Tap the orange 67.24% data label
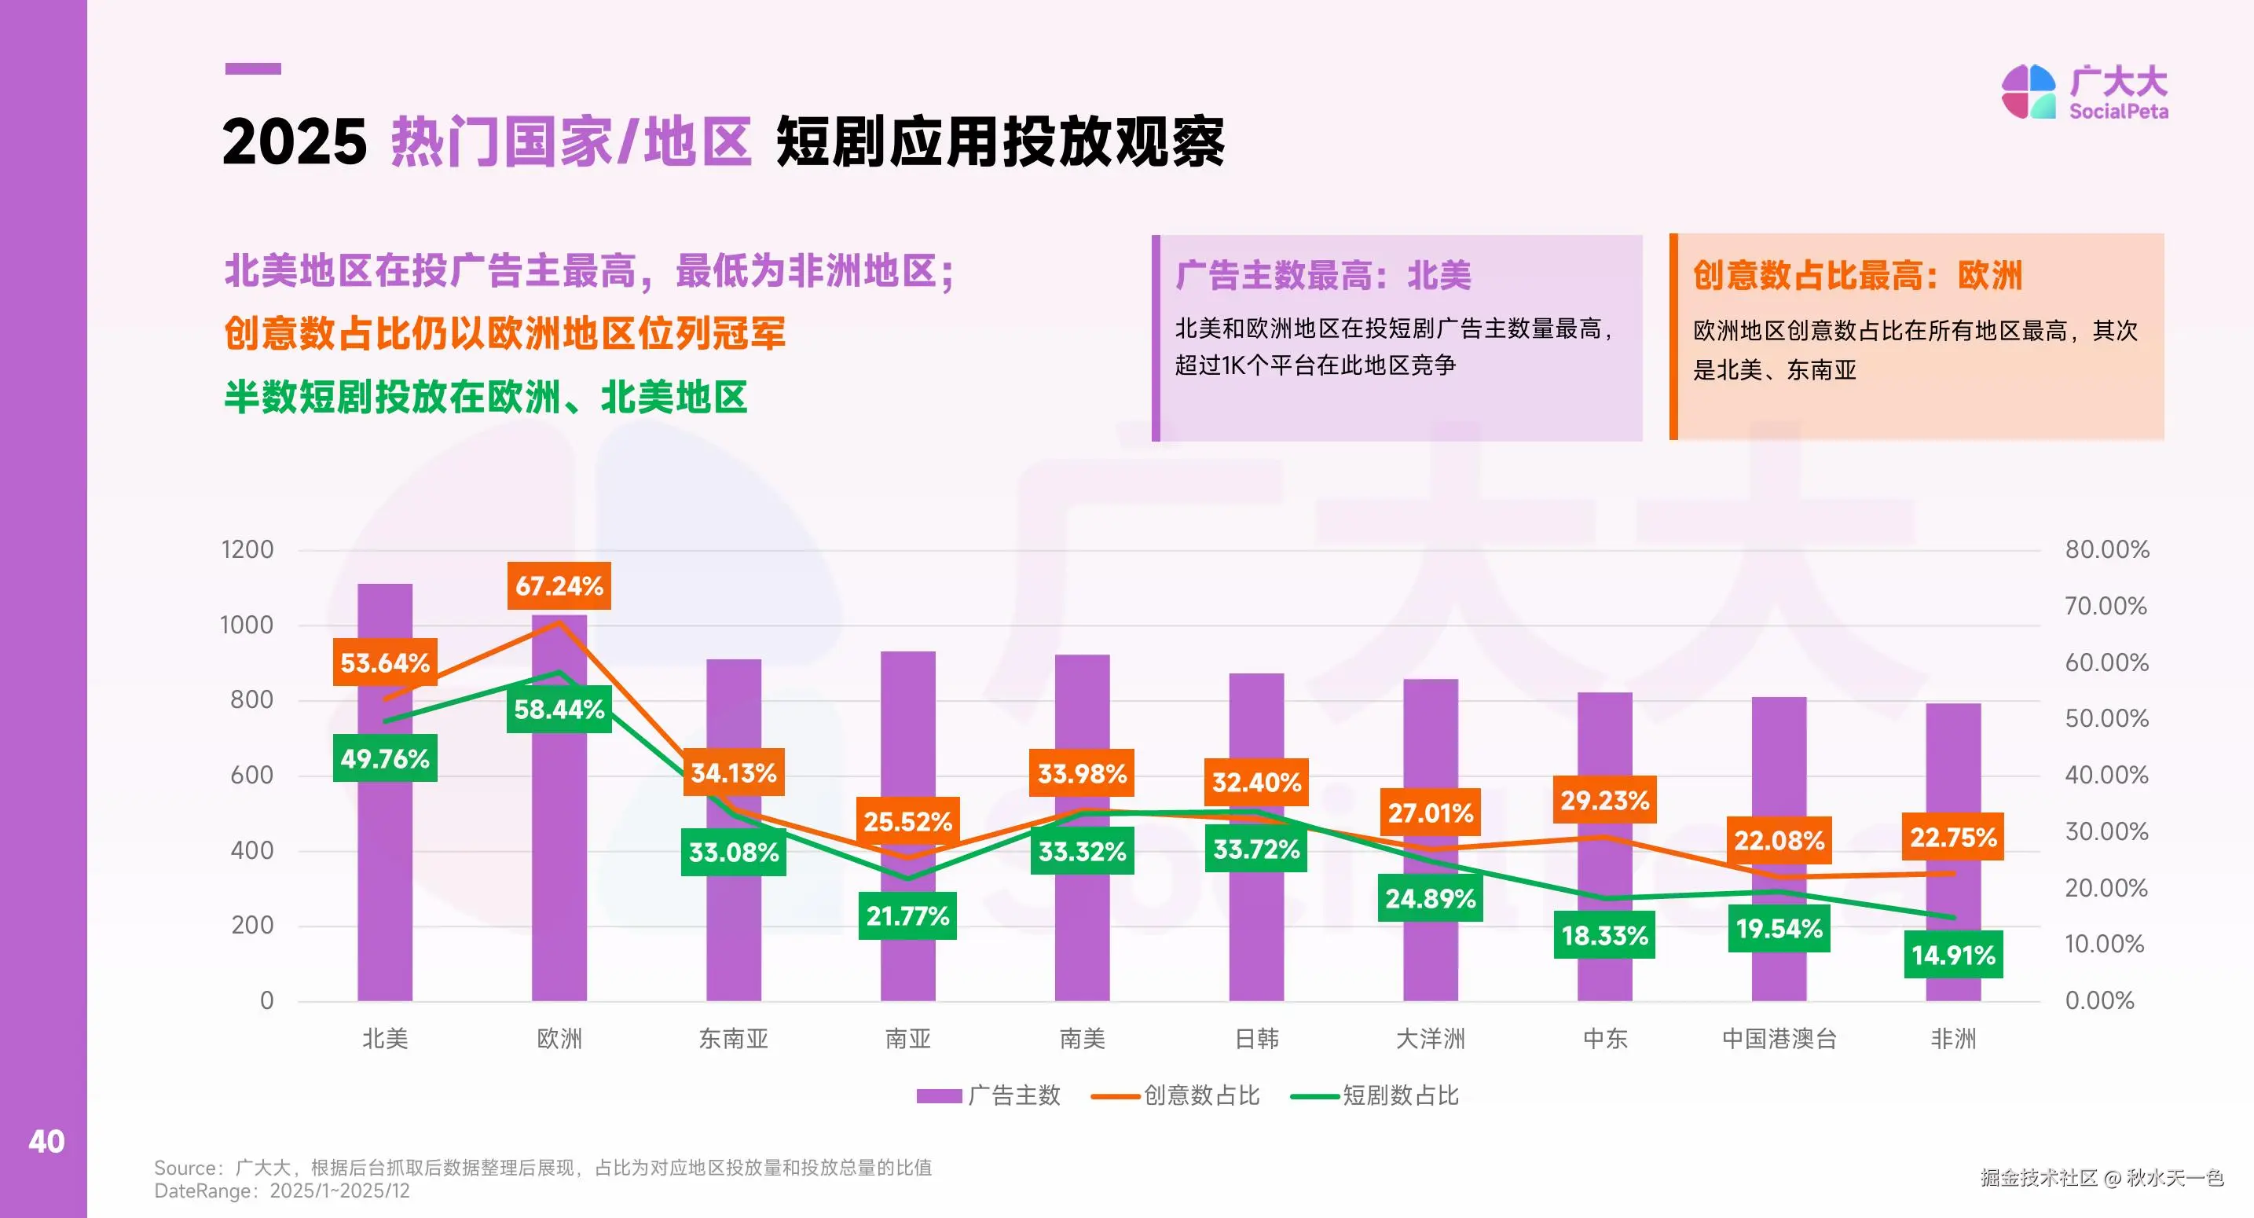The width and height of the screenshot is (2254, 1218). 559,585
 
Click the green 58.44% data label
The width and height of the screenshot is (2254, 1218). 559,709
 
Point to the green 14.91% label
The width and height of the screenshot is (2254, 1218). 1953,955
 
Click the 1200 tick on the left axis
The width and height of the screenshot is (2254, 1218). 247,549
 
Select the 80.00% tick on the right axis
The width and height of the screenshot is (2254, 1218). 2106,549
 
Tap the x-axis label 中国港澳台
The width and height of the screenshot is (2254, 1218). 1779,1039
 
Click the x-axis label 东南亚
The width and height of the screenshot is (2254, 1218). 733,1039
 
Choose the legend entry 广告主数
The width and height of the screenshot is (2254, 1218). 989,1095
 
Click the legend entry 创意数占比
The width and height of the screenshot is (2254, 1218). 1176,1095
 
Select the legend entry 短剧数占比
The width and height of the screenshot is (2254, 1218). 1376,1095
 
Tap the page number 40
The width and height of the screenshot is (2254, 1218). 46,1141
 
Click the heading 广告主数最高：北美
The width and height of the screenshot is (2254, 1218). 1323,276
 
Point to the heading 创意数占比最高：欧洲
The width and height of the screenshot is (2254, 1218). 1856,276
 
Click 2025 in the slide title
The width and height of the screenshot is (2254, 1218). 294,141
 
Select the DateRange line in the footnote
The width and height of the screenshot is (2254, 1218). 282,1190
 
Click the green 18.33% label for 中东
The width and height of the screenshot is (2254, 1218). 1605,935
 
